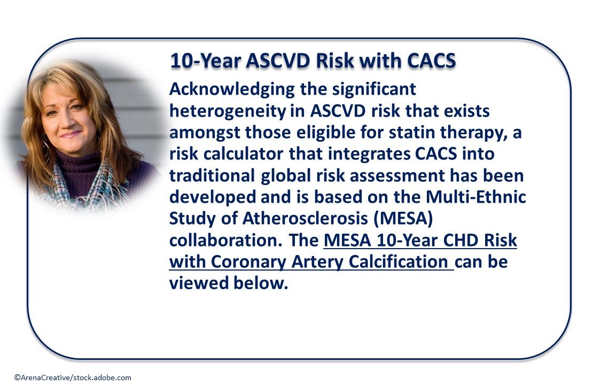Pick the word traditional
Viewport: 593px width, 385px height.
pyautogui.click(x=212, y=176)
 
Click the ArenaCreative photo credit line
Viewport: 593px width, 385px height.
pyautogui.click(x=73, y=378)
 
